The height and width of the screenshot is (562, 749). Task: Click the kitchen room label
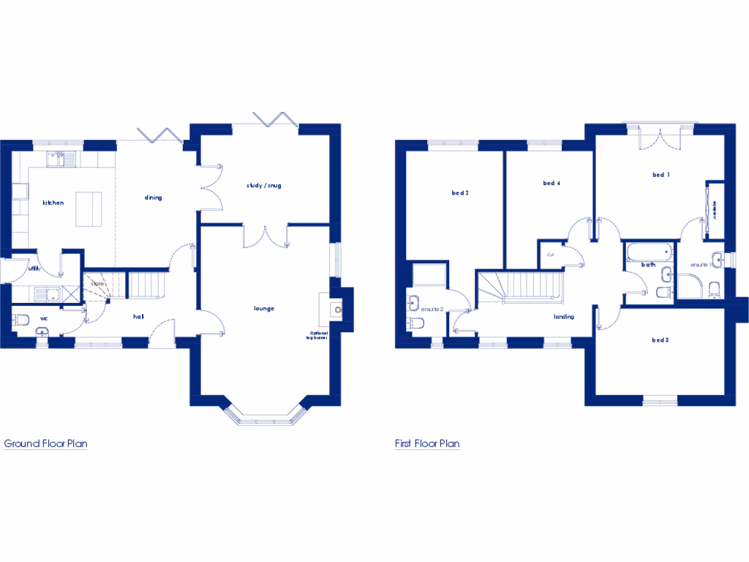[54, 203]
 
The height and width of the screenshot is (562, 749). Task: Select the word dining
[153, 198]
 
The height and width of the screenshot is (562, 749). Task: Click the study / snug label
[263, 186]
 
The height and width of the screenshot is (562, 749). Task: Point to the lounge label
[264, 308]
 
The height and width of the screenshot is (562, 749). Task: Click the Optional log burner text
[320, 337]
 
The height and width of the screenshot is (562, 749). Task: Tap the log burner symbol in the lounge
[337, 309]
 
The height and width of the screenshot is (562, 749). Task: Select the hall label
[138, 316]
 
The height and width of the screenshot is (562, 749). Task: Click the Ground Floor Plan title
[46, 443]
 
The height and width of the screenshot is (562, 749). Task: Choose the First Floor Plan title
[427, 443]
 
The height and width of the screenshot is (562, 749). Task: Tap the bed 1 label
[661, 175]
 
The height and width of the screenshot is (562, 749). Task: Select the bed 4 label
[552, 183]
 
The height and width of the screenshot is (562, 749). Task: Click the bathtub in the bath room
[648, 253]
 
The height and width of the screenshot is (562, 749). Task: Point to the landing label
[563, 317]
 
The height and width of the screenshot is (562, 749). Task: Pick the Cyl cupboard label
[549, 255]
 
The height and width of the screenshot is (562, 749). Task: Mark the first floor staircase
[521, 285]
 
